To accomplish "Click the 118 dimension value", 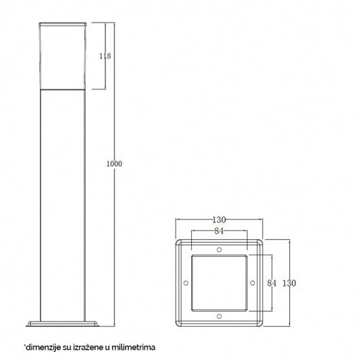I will [x=104, y=56].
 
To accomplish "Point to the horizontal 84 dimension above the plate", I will [x=218, y=231].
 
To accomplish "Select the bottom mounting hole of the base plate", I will [x=218, y=316].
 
